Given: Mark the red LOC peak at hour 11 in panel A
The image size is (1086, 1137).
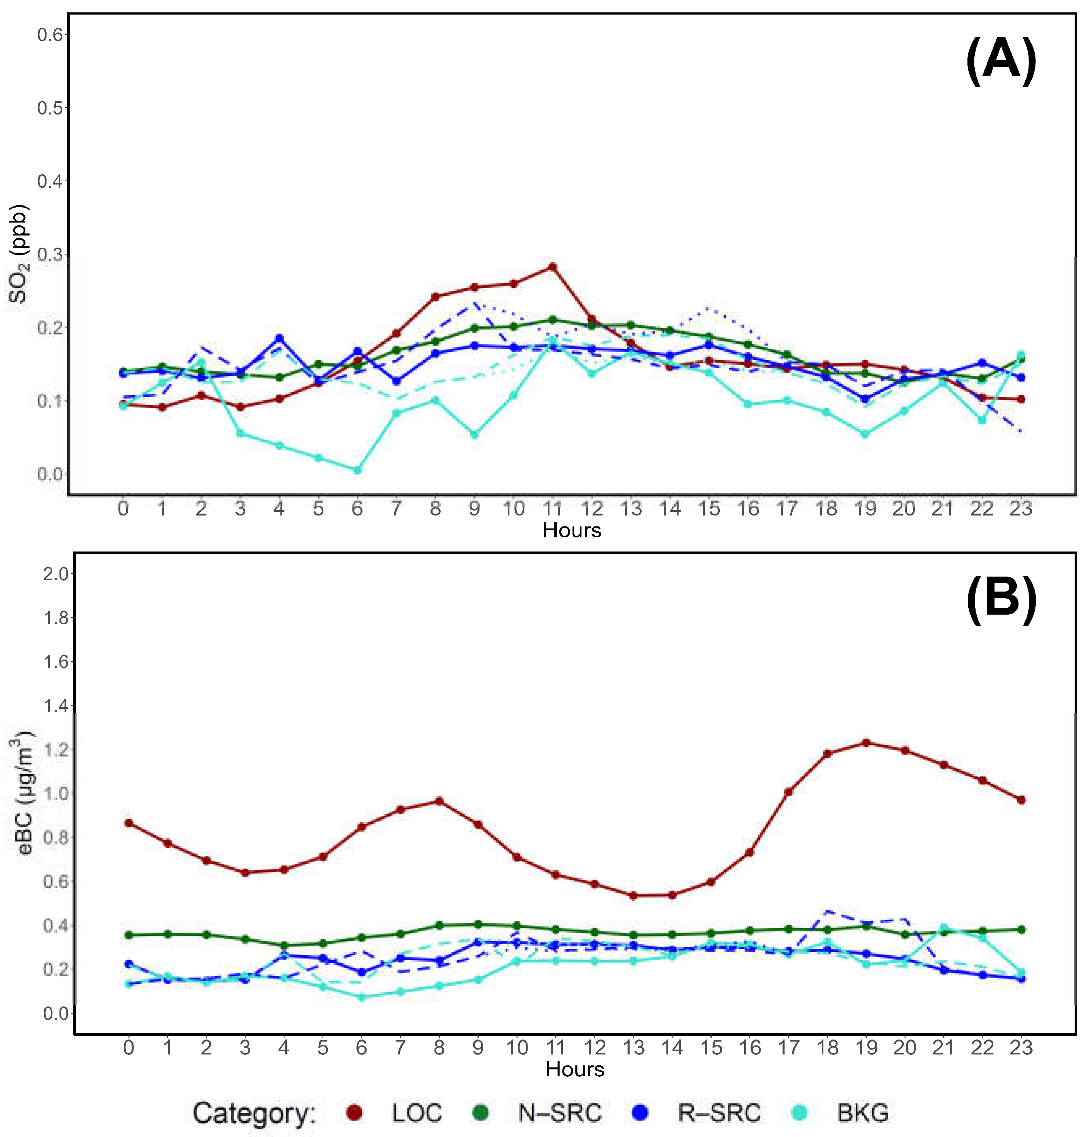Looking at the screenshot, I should click(x=553, y=266).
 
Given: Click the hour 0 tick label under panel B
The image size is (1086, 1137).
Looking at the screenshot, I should click(x=129, y=1047).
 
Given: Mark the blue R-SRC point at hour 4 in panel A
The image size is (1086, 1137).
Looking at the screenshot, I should click(x=279, y=338).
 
